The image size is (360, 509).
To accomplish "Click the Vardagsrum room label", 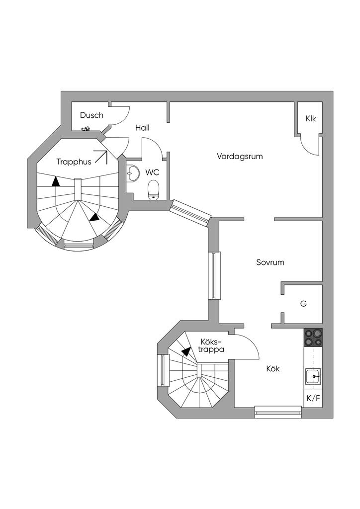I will point(240,156).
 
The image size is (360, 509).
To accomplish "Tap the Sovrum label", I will point(270,262).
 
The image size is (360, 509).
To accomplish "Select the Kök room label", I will point(273,369).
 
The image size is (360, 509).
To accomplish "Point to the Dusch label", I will point(91,115).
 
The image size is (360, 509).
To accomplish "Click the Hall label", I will point(142,128).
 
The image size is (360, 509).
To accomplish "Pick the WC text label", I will point(152,172).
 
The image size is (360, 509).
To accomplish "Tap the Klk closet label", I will point(311,119).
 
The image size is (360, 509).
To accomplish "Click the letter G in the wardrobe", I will point(303,303).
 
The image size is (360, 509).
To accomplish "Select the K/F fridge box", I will point(313,398).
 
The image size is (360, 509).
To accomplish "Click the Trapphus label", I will point(74,162).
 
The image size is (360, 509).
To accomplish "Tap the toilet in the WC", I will point(154,189).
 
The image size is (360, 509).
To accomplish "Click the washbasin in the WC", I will point(133,174).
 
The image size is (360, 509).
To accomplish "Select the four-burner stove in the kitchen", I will point(313,338).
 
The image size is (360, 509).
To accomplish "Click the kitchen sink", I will point(313,377).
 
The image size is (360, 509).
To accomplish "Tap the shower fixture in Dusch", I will point(86,129).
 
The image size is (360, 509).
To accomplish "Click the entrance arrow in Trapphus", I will point(101,157).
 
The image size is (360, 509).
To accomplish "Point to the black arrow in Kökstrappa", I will point(186,351).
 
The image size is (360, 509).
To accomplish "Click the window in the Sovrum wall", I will point(214,275).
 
